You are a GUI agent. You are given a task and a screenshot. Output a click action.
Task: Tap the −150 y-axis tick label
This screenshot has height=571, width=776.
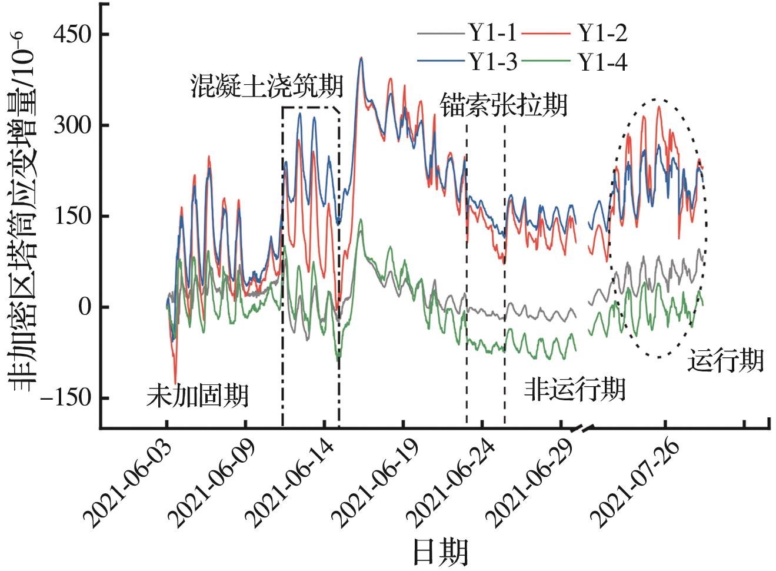pos(65,398)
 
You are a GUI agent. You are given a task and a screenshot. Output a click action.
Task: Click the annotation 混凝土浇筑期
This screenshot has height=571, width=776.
pos(267,87)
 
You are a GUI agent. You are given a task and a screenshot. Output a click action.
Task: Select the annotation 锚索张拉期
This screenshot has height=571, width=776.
pos(504,106)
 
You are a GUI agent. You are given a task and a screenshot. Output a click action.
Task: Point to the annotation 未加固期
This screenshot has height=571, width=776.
pos(197,396)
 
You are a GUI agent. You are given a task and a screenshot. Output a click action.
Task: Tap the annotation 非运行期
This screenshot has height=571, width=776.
pos(574,390)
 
